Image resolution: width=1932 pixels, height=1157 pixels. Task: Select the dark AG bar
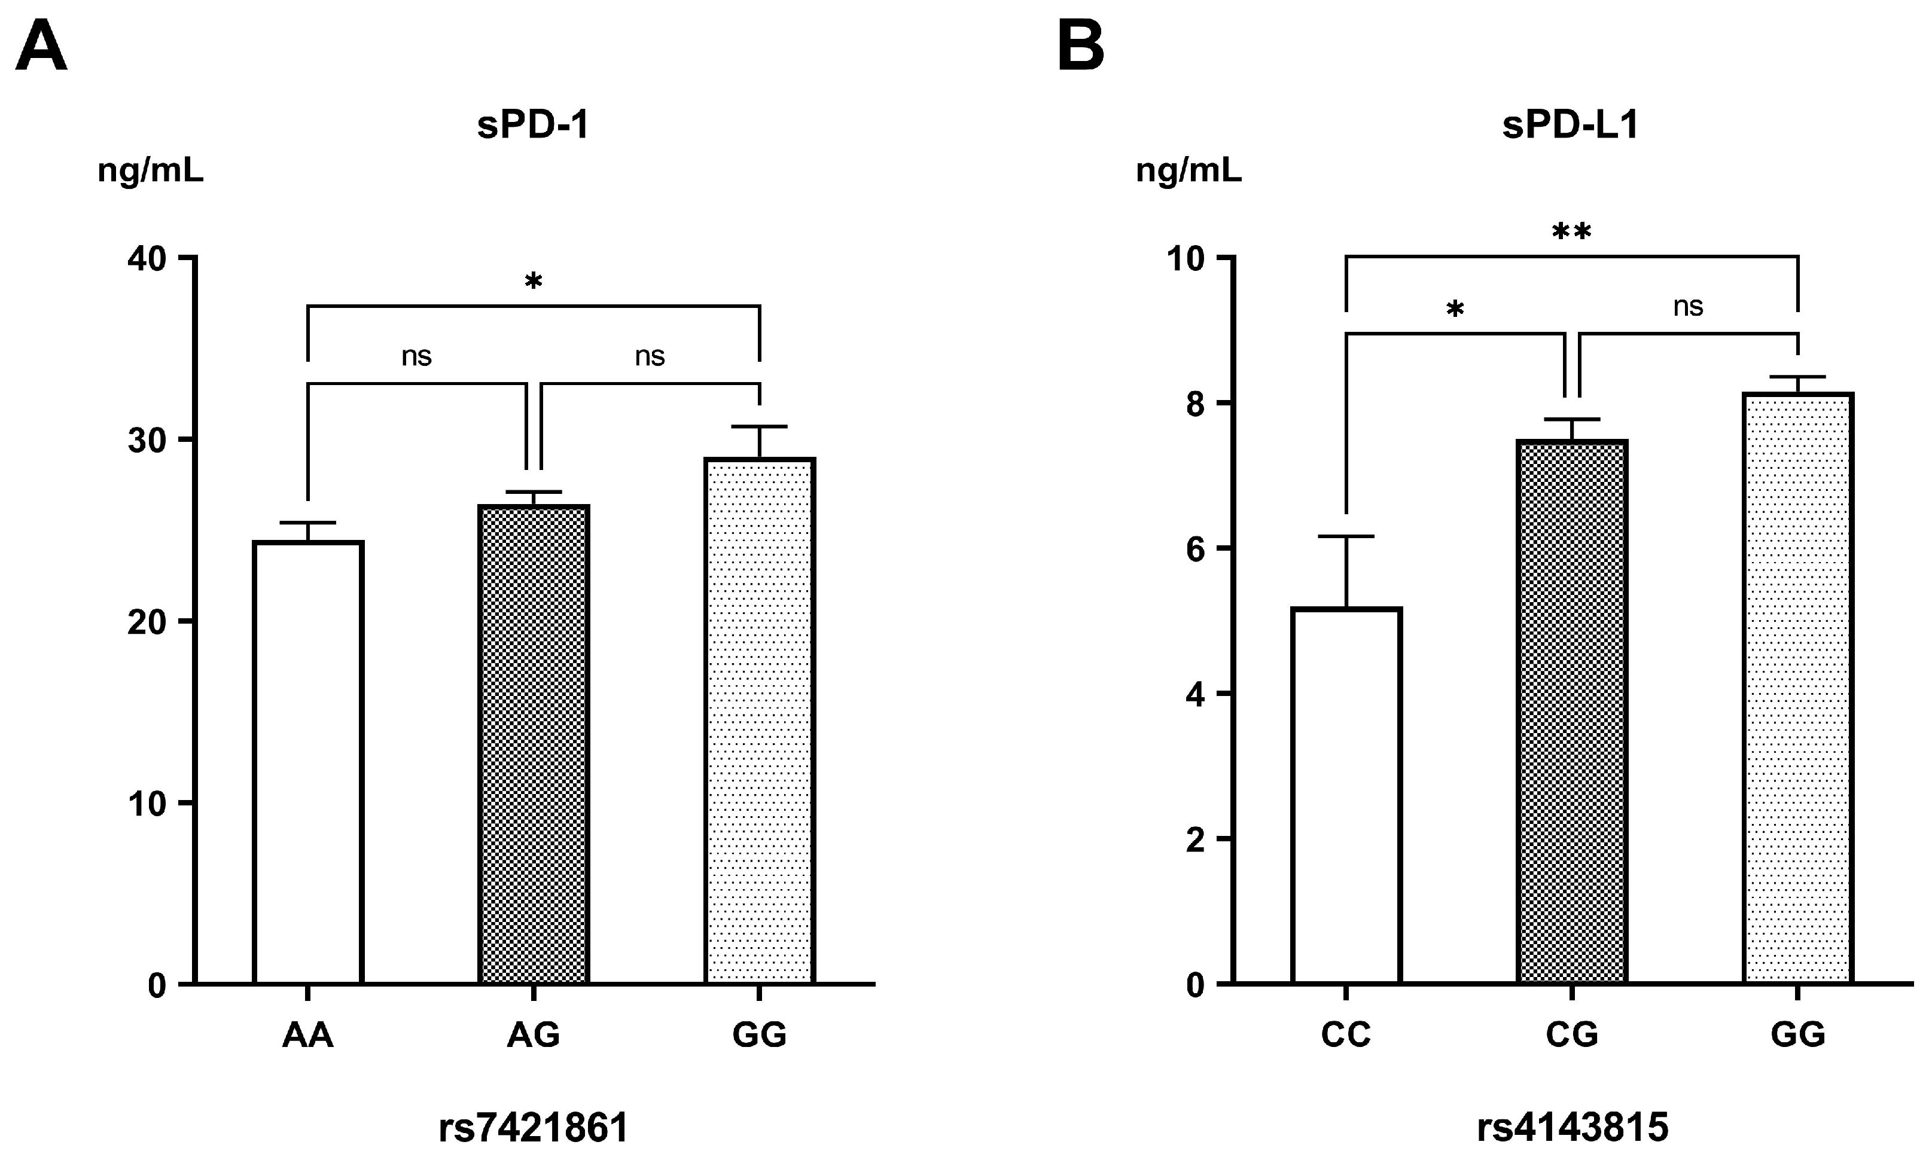534,744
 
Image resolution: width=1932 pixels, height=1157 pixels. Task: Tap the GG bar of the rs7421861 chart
760,721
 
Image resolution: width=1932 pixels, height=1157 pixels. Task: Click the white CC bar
1346,795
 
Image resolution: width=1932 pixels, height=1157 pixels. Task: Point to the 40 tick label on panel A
147,259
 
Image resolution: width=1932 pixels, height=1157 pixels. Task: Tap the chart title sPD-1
534,125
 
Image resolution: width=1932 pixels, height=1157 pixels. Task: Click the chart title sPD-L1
1570,125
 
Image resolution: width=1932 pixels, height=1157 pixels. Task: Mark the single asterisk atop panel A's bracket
534,282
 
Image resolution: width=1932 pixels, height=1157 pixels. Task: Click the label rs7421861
534,1127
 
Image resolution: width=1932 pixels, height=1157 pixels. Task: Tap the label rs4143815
1572,1127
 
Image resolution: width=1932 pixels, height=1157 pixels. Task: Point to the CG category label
1572,1034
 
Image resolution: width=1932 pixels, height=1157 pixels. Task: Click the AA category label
308,1034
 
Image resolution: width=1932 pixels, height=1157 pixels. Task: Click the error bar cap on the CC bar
1346,536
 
